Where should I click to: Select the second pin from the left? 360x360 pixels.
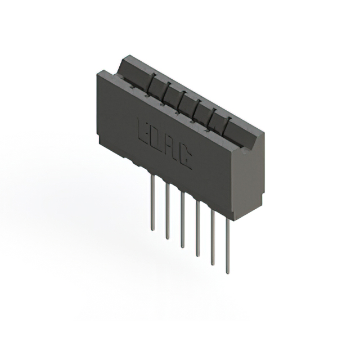coord(168,211)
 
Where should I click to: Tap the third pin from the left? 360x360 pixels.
coord(182,219)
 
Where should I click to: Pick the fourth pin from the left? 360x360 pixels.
coord(197,228)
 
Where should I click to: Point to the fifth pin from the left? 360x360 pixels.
coord(213,236)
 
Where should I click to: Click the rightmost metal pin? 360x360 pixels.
coord(227,245)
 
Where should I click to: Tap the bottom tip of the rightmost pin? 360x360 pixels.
coord(227,272)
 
